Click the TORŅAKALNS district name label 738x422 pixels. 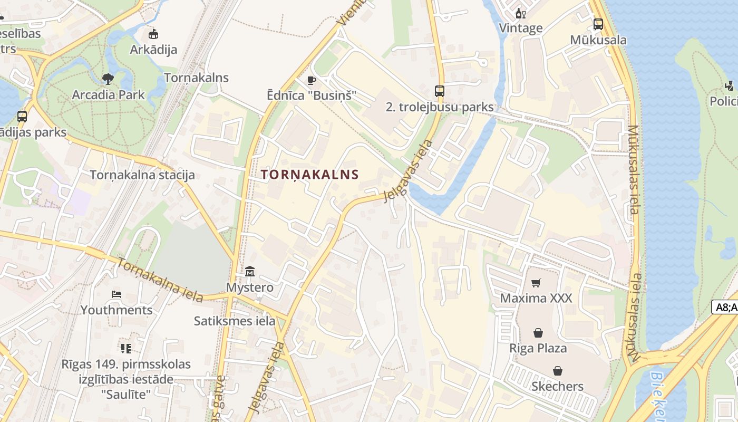310,175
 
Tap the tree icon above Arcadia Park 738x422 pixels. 108,80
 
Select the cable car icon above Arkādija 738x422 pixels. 153,34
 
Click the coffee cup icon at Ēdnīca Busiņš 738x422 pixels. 311,80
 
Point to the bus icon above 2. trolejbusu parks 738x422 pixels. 440,91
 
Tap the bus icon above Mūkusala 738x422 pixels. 598,24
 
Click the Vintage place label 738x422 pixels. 521,28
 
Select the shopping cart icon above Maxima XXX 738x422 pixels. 536,283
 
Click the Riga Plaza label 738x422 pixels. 538,348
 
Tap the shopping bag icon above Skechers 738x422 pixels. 557,371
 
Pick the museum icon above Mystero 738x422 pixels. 250,272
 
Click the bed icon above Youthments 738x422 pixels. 116,294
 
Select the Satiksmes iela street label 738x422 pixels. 235,321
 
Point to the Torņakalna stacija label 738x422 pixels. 142,175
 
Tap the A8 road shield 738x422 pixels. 725,308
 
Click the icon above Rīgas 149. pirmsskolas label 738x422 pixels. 125,348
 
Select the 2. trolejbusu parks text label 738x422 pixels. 440,107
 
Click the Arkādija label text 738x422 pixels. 153,50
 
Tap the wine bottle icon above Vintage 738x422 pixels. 521,13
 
